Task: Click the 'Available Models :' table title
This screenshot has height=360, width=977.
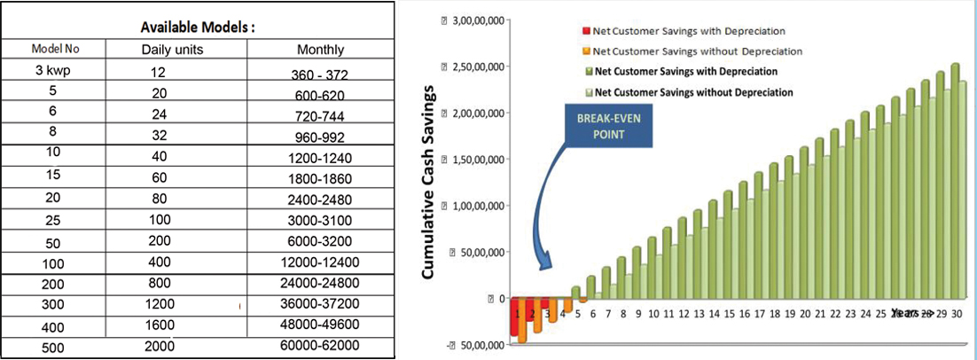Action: [198, 27]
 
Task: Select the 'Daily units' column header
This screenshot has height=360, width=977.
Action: [173, 50]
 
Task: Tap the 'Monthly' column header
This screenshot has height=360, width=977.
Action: [320, 50]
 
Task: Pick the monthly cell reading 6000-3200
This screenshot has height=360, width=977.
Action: [320, 242]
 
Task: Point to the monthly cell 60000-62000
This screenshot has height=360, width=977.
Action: [320, 346]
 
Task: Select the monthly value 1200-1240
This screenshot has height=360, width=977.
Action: [320, 157]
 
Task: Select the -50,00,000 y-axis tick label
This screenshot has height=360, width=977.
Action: [477, 345]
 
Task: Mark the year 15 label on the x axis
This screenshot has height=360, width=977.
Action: [729, 314]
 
